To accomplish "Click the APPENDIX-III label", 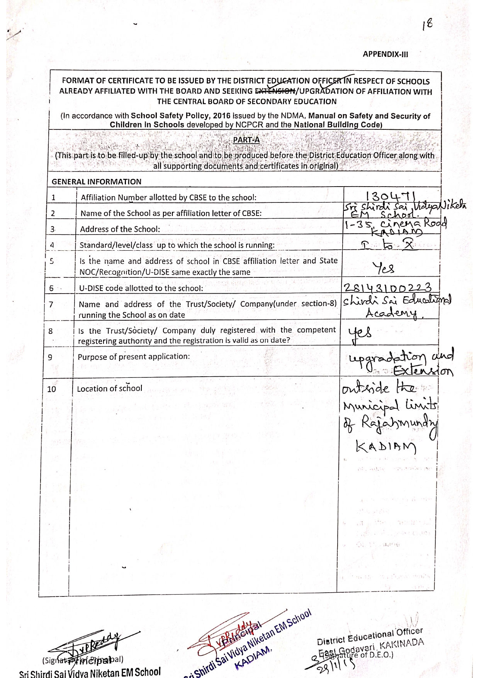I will pos(385,54).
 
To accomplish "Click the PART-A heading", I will pos(246,140).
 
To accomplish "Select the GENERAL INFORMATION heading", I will pos(97,182).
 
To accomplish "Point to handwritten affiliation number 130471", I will pos(391,195).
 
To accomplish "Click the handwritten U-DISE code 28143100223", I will pos(387,287).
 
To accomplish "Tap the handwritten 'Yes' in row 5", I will pos(383,267).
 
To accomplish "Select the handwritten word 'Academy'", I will pos(391,313).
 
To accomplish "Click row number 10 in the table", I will pos(51,389).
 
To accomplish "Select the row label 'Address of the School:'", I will pos(120,229).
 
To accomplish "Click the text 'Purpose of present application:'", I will pos(134,357).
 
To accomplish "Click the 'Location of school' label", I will pos(110,389).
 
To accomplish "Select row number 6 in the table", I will pos(51,288).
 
